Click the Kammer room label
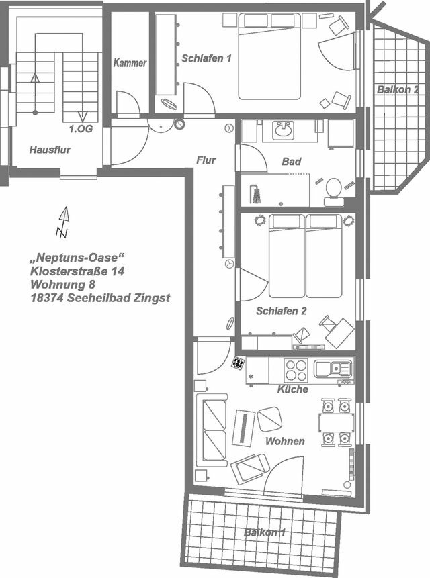[130, 62]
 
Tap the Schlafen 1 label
[206, 58]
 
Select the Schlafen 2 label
[282, 311]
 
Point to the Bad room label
[292, 162]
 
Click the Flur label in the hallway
[206, 160]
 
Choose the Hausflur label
[50, 150]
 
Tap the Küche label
[292, 389]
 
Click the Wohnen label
[285, 441]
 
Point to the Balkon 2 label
[398, 89]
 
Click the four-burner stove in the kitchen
[296, 371]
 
